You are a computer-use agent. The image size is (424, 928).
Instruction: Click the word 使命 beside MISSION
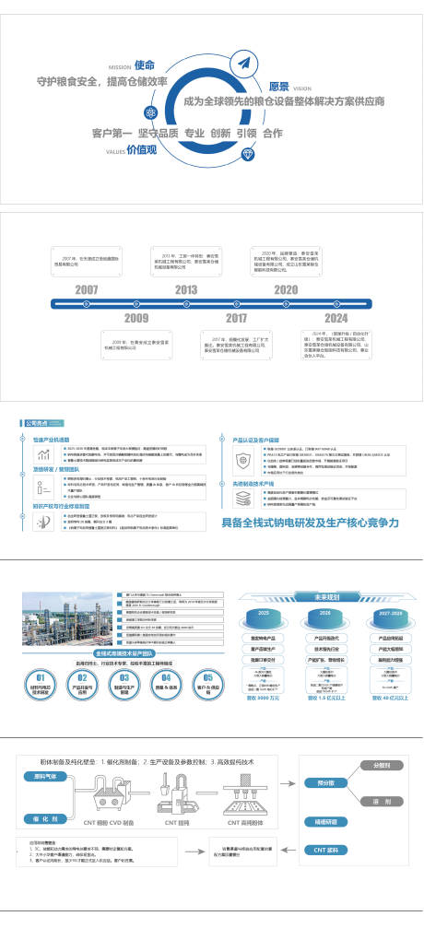point(144,65)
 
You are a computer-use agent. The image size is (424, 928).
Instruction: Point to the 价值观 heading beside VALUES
point(142,149)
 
